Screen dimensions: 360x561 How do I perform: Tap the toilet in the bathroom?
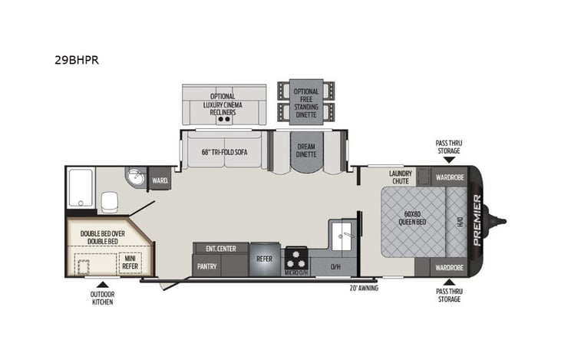pyautogui.click(x=108, y=202)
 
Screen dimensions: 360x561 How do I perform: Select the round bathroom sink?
pyautogui.click(x=135, y=177)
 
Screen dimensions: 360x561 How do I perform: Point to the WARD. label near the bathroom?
pyautogui.click(x=160, y=182)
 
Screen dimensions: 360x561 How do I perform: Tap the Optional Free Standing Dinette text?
pyautogui.click(x=306, y=102)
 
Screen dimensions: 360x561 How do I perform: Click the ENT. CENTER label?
pyautogui.click(x=220, y=248)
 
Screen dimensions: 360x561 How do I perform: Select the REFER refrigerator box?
pyautogui.click(x=264, y=259)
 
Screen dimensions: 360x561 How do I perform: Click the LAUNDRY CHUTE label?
pyautogui.click(x=401, y=177)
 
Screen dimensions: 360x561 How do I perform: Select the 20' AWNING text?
pyautogui.click(x=364, y=288)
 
